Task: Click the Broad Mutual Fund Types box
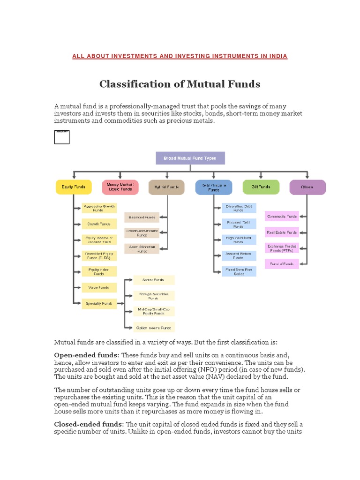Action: pos(190,158)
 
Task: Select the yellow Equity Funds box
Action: pos(73,187)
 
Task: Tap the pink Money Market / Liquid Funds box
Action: pos(120,187)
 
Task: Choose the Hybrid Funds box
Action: pos(166,187)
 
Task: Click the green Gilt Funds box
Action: pos(261,187)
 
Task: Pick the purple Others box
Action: pos(307,187)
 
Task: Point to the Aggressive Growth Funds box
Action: pos(99,208)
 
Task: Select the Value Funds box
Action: pos(99,287)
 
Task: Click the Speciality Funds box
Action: pos(99,303)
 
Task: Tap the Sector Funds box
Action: pos(154,280)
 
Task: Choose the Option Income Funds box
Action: pos(154,327)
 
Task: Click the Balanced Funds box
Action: pos(142,217)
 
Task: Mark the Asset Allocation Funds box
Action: pos(142,248)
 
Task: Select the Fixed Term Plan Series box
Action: pos(239,271)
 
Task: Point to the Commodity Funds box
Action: pos(282,217)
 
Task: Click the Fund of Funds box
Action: pos(282,264)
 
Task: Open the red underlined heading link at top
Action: pos(180,56)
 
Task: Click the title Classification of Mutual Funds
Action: pos(180,84)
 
